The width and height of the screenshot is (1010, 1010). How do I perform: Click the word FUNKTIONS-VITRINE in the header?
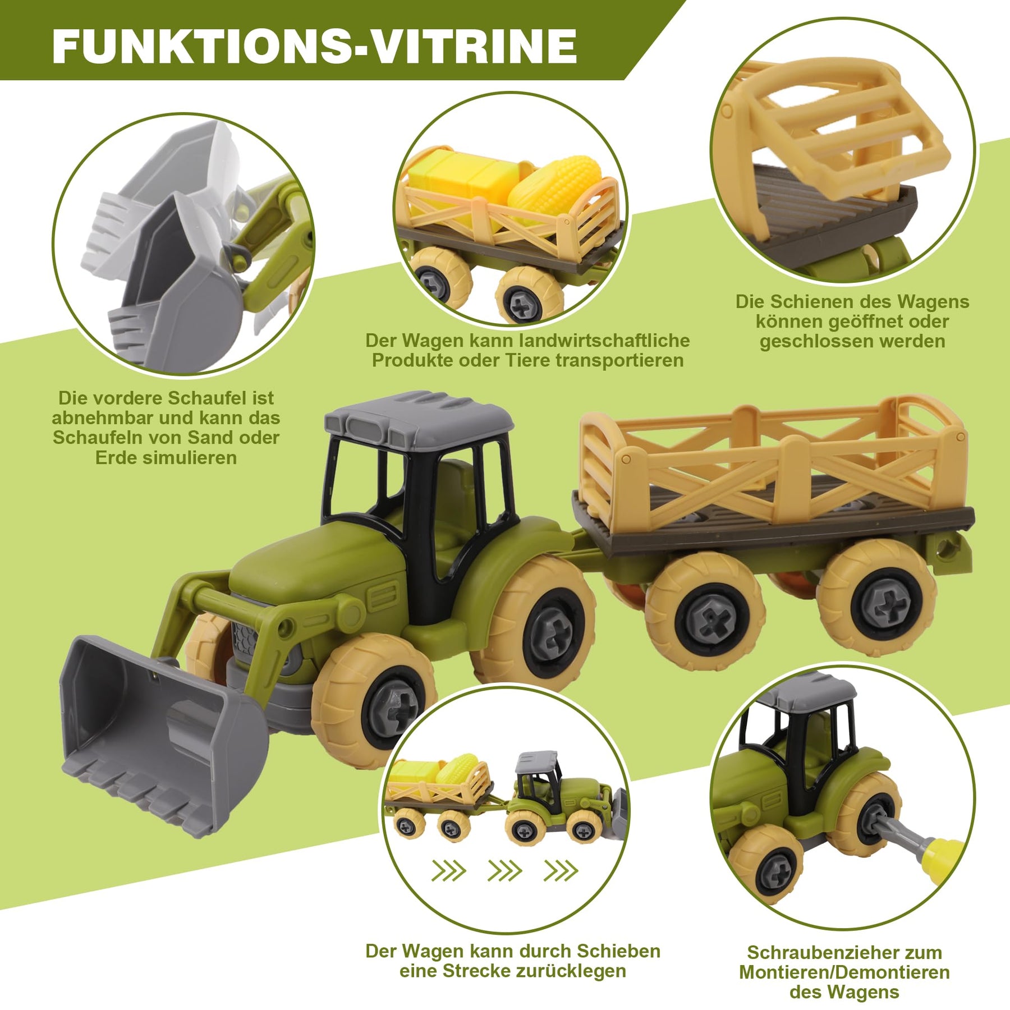(314, 46)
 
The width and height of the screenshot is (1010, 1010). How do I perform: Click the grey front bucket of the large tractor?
(163, 735)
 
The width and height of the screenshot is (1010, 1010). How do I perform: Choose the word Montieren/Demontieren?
(844, 972)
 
